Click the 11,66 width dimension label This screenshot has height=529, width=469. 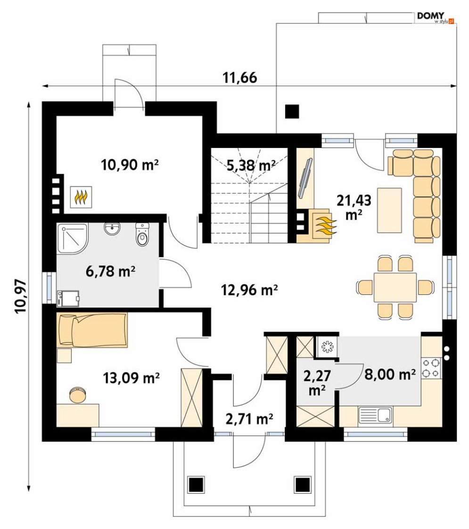[x=240, y=78]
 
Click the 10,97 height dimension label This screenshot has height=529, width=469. [x=21, y=296]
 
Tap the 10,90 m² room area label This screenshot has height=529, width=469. [x=130, y=165]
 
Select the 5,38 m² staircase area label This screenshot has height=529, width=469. [x=251, y=165]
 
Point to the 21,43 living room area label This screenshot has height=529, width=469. [x=354, y=207]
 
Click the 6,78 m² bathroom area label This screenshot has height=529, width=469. [x=110, y=271]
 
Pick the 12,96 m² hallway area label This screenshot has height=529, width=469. [x=249, y=290]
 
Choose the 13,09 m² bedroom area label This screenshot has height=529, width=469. [x=131, y=378]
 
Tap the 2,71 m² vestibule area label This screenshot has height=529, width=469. [x=249, y=419]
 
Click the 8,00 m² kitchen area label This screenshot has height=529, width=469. [x=390, y=374]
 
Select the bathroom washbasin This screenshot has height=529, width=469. [x=112, y=229]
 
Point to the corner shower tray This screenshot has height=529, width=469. [x=72, y=238]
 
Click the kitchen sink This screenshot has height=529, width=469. [x=375, y=415]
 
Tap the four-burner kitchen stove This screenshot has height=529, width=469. [x=431, y=368]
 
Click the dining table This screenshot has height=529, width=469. [x=395, y=287]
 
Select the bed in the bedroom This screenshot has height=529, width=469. [x=92, y=330]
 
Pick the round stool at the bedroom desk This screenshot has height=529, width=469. [x=78, y=395]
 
